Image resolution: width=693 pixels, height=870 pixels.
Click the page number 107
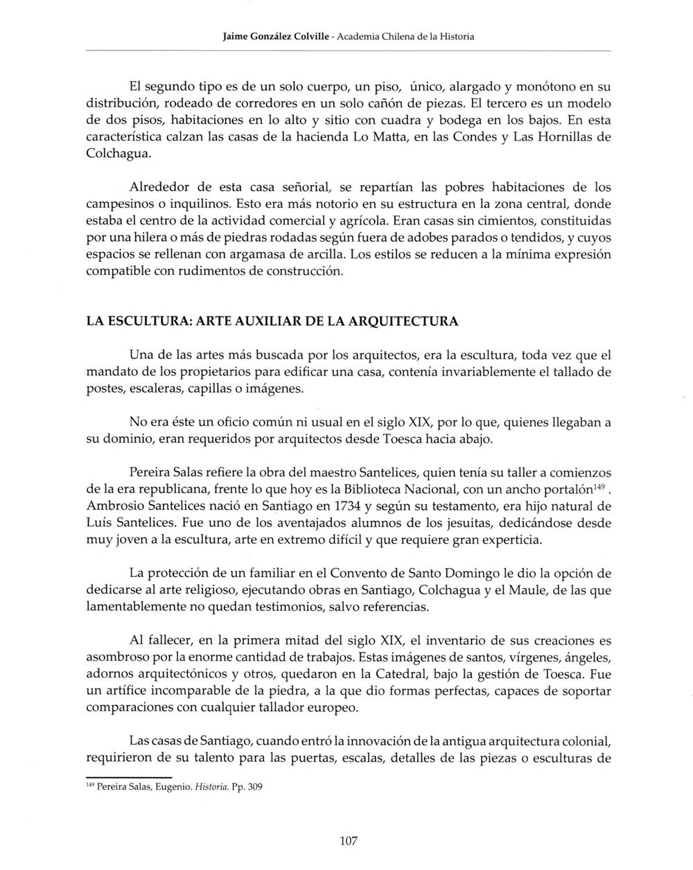(x=349, y=841)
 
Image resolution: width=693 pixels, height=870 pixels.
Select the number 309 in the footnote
(x=254, y=788)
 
